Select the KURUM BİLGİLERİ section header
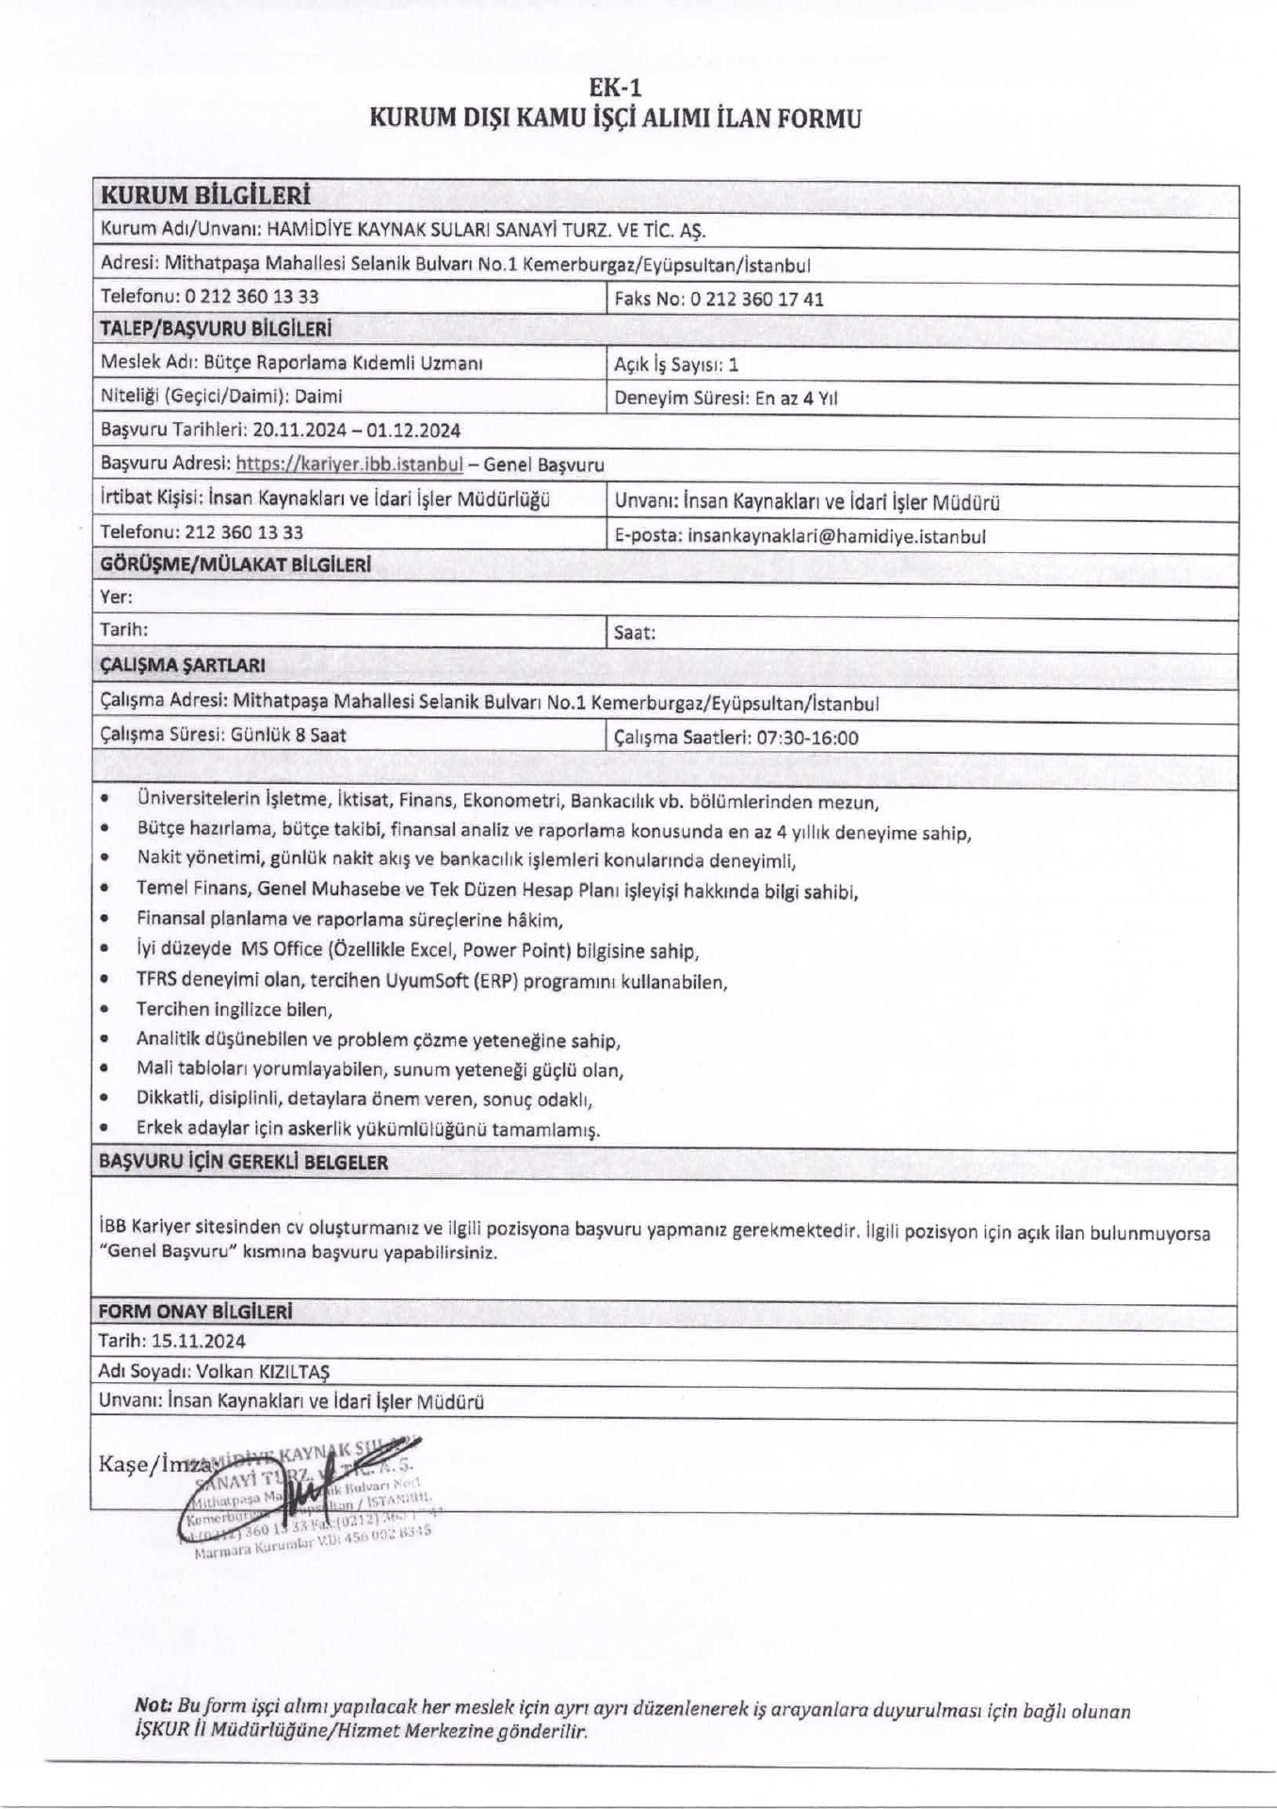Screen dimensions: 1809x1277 pyautogui.click(x=205, y=196)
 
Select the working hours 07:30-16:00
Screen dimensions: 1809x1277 pyautogui.click(x=807, y=738)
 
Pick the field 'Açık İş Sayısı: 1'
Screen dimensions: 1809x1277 pyautogui.click(x=676, y=364)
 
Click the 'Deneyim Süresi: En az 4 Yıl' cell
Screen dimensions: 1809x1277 pyautogui.click(x=725, y=398)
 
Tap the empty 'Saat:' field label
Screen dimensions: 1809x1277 pyautogui.click(x=635, y=633)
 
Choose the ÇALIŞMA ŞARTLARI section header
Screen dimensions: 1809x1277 pyautogui.click(x=182, y=665)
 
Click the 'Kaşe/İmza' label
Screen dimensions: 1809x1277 pyautogui.click(x=151, y=1464)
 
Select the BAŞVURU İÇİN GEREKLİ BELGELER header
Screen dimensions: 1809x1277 pyautogui.click(x=243, y=1162)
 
